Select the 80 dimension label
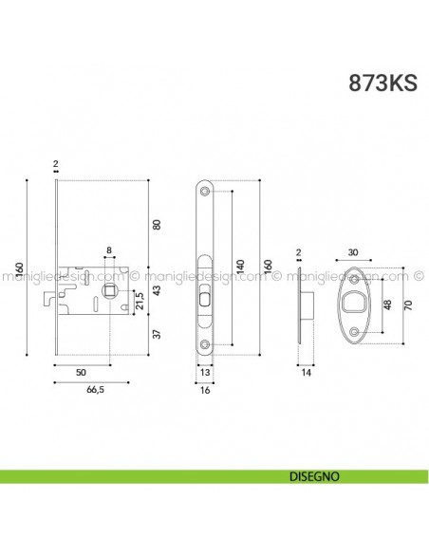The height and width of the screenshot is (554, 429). point(157,224)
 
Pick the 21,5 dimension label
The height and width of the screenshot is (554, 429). point(140,303)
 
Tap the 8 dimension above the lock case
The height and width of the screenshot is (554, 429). point(109,251)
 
